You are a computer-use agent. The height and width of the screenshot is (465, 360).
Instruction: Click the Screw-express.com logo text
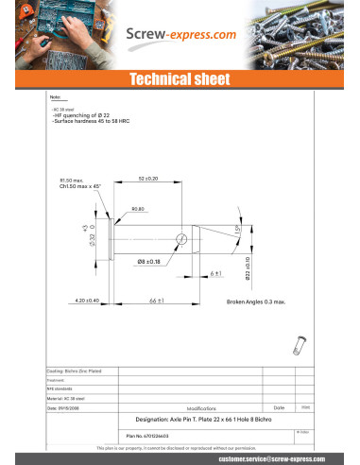pos(180,36)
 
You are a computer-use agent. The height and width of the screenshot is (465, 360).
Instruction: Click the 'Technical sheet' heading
pos(180,78)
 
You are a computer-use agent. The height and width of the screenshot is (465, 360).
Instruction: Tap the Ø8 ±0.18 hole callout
pos(148,261)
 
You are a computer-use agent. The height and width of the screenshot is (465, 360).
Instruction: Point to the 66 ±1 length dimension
pos(157,301)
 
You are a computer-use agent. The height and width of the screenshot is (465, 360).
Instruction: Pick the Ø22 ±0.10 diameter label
pos(248,268)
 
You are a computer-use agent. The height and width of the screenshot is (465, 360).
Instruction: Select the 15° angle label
pos(238,232)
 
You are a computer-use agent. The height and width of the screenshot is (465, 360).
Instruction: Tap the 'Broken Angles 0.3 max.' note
pos(255,301)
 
